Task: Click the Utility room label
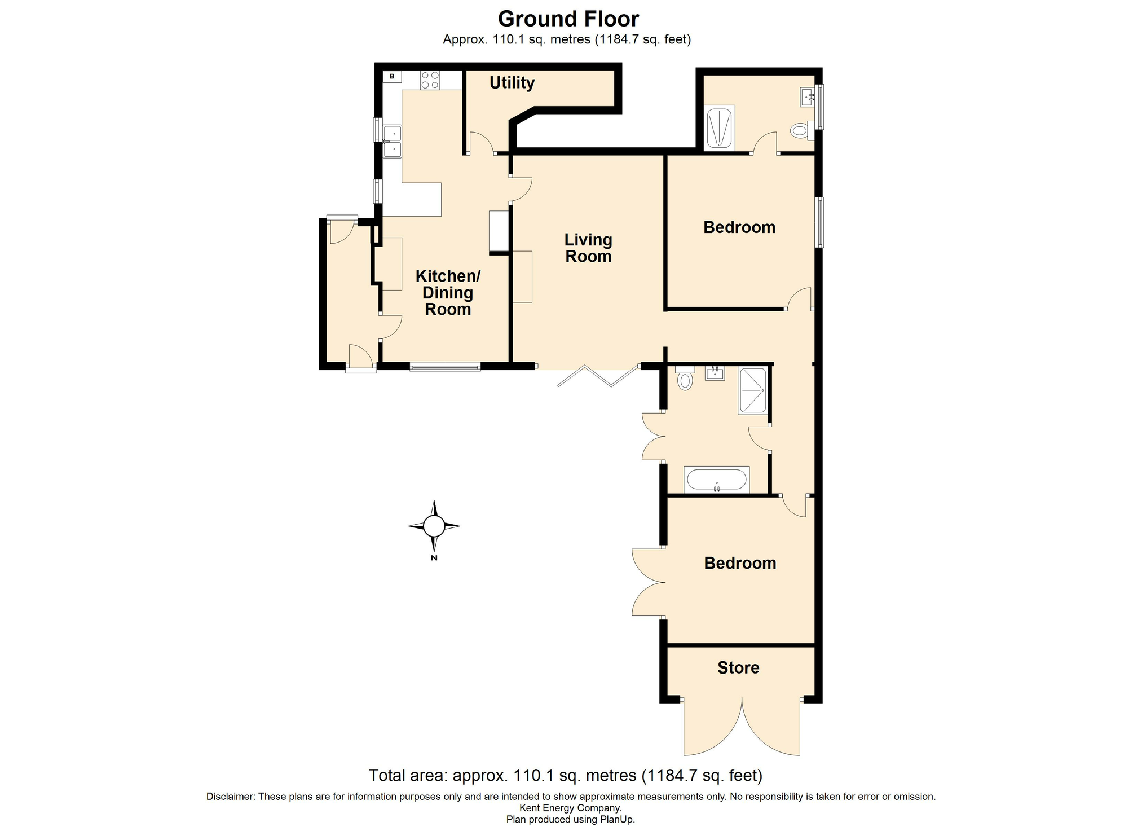512,83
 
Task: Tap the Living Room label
588,248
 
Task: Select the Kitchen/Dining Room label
448,292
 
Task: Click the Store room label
738,667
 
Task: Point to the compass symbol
434,526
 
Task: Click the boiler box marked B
392,76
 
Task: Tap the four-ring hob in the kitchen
430,80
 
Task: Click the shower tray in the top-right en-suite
720,128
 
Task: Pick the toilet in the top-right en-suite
801,131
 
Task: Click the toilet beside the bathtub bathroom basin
685,378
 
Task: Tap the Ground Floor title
568,19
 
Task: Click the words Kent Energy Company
570,808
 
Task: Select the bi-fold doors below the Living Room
598,376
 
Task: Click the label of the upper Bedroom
739,227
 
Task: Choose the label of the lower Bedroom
740,563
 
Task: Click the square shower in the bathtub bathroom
752,391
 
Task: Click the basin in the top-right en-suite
808,97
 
